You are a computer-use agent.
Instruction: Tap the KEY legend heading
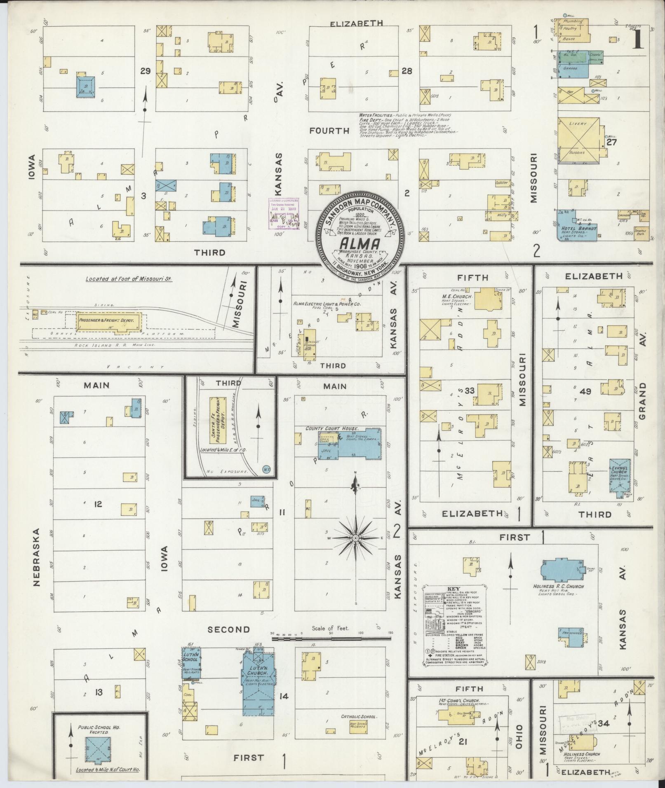pyautogui.click(x=453, y=589)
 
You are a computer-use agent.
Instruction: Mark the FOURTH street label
pyautogui.click(x=329, y=131)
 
